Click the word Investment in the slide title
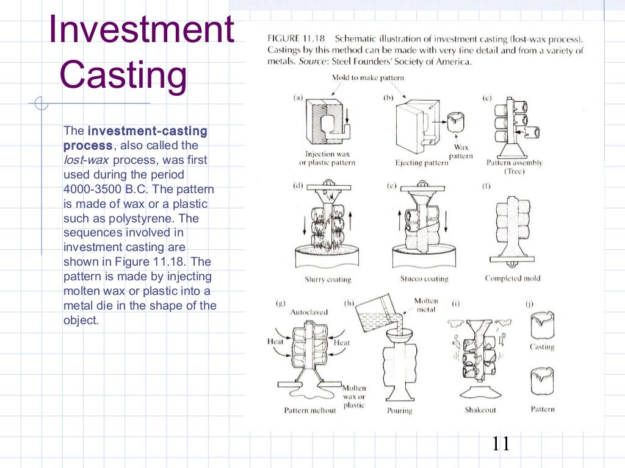coord(142,30)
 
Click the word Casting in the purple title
coord(124,75)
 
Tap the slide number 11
coord(500,444)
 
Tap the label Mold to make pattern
coord(367,78)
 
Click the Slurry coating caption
coord(328,280)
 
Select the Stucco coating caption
coord(424,279)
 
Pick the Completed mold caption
coord(512,278)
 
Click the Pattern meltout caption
coord(310,410)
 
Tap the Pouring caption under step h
coord(400,411)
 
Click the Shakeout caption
coord(480,409)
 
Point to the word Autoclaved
coord(309,312)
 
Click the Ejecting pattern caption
coord(422,163)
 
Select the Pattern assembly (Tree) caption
coord(514,166)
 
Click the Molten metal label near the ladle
coord(425,305)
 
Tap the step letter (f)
coord(486,186)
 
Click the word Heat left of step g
coord(276,342)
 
